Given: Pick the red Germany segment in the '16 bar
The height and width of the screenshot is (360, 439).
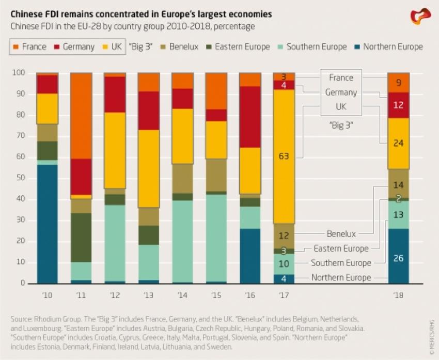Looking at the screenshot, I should [250, 117].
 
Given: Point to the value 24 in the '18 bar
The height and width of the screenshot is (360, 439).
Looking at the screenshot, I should [398, 144].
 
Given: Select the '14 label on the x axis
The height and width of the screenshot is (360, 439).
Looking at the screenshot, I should [182, 295].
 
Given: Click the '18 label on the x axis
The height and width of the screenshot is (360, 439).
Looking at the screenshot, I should [398, 295].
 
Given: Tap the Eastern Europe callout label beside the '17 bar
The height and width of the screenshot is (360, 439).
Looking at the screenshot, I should [341, 248].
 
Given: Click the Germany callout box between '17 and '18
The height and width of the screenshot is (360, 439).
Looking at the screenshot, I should [341, 92].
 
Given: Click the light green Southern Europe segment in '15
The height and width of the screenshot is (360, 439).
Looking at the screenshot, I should [216, 238].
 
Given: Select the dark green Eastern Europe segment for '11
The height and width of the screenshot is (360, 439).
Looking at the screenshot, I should [81, 238].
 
